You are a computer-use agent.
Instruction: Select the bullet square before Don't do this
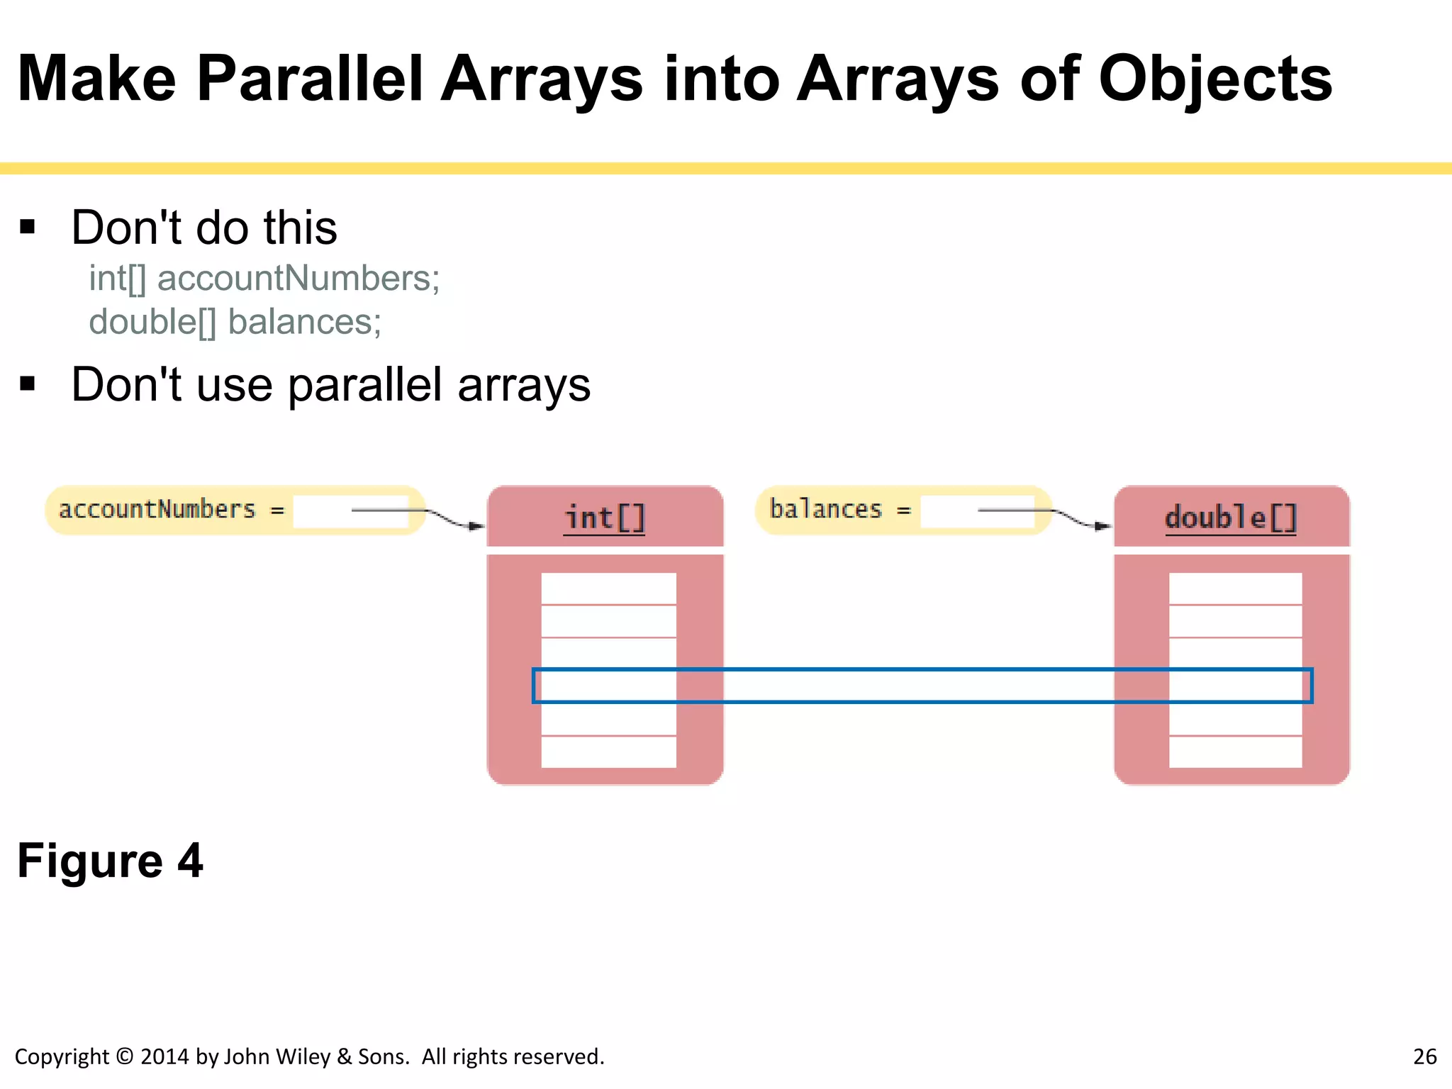28,227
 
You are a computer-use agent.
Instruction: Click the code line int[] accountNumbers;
264,278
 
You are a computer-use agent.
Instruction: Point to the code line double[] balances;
235,322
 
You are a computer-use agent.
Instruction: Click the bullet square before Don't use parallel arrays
28,384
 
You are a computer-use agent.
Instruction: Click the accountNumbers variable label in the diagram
157,509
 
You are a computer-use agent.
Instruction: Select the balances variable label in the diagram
825,509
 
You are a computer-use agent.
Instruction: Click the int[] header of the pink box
605,518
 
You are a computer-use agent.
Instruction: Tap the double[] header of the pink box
1231,518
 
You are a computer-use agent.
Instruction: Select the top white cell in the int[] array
608,588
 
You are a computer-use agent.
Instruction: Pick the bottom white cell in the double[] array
1235,752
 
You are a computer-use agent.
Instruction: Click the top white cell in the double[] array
1235,588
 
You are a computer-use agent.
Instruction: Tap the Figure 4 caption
110,861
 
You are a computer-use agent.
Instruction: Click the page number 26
1424,1056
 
